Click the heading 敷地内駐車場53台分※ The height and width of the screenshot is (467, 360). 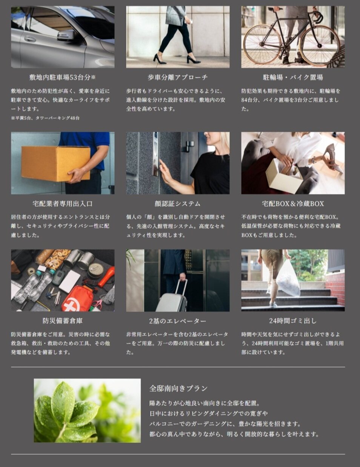click(x=63, y=77)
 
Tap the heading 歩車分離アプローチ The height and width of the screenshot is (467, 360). click(x=177, y=77)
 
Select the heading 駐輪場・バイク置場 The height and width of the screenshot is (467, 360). click(x=293, y=77)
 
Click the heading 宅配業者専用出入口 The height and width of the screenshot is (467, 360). click(x=63, y=203)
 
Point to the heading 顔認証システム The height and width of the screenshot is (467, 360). click(x=177, y=203)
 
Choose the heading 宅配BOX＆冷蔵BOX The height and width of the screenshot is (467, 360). click(x=293, y=203)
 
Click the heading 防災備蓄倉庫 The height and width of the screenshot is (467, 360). click(x=63, y=321)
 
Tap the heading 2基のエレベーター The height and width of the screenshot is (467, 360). click(x=177, y=321)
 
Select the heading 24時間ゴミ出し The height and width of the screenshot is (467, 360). click(x=293, y=321)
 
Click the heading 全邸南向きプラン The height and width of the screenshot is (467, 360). click(x=178, y=388)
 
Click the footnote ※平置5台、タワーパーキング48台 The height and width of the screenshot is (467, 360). click(x=45, y=118)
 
